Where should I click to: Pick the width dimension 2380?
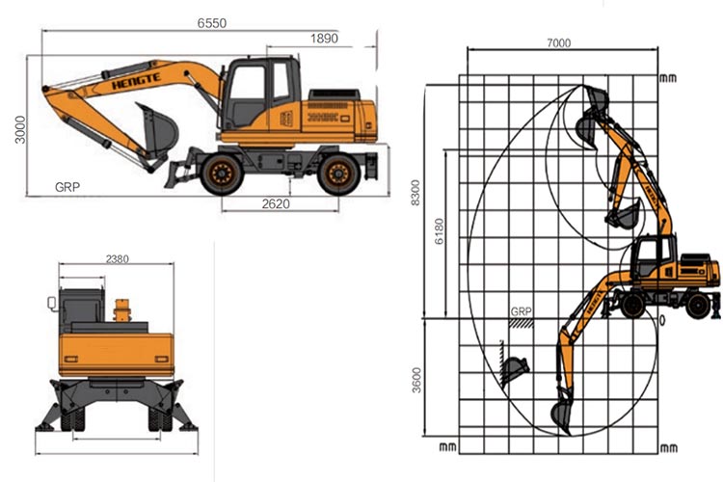[118, 258]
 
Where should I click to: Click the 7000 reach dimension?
[558, 42]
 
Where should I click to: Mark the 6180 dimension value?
[439, 231]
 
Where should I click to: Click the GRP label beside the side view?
[67, 185]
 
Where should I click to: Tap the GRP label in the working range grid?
[522, 311]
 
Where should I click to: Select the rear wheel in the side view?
[338, 174]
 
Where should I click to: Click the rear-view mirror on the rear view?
[52, 304]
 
